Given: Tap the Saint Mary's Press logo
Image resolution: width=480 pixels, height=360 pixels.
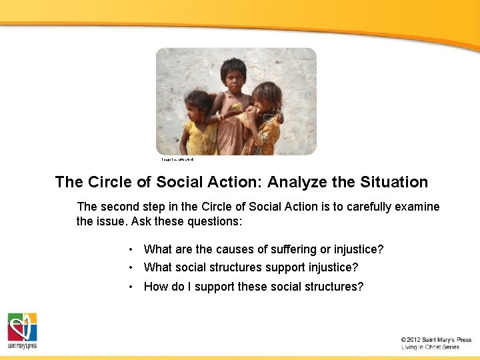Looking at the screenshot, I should [x=22, y=331].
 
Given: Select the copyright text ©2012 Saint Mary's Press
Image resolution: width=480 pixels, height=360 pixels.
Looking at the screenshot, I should [x=436, y=340].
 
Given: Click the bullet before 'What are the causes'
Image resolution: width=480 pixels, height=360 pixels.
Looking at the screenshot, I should [x=133, y=249].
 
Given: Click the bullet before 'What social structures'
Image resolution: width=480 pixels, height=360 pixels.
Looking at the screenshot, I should [x=133, y=267].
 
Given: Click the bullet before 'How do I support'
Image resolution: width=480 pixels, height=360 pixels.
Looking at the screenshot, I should [x=133, y=287].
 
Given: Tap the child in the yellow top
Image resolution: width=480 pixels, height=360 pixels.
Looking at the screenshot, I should [x=197, y=123].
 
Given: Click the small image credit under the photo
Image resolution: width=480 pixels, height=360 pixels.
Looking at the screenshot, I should [x=177, y=160].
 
